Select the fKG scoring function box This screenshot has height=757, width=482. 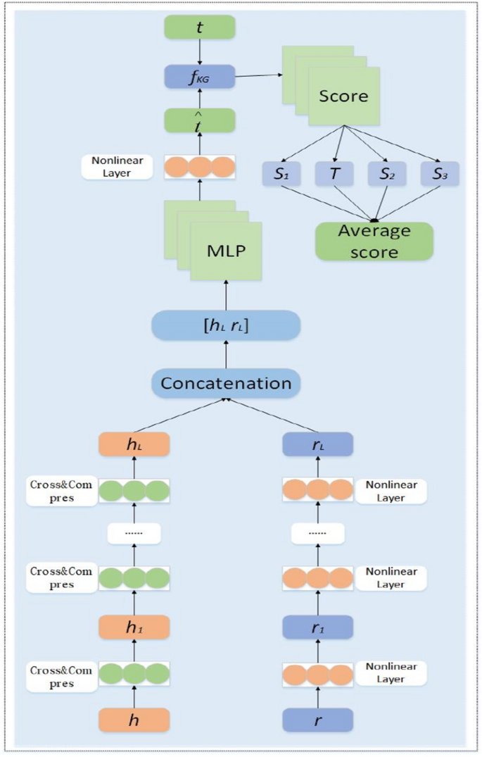coord(199,77)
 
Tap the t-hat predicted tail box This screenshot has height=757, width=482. coord(199,120)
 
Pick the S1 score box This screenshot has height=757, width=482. coord(281,174)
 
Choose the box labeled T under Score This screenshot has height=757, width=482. coord(334,174)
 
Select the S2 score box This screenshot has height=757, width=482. coord(386,174)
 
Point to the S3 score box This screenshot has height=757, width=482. coord(440,174)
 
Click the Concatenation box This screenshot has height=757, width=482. coord(226,383)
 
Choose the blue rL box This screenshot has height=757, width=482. coord(317,445)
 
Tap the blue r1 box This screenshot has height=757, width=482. coord(317,627)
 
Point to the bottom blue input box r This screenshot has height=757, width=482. coord(317,720)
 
